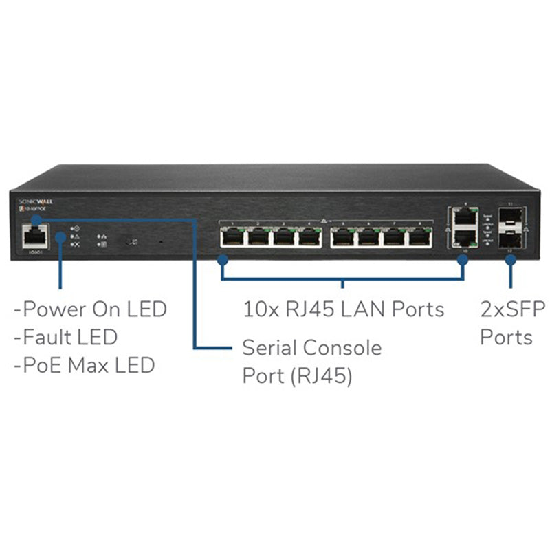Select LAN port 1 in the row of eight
(x=231, y=237)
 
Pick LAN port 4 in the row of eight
(x=309, y=237)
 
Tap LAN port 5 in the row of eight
(x=342, y=237)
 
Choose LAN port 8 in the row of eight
(x=419, y=237)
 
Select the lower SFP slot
(x=510, y=240)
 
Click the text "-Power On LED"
(x=90, y=309)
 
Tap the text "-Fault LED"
(x=65, y=337)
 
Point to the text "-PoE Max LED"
(x=84, y=365)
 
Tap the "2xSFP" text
(x=507, y=309)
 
